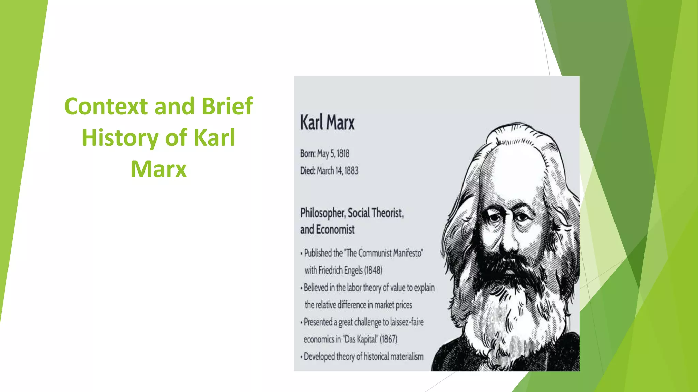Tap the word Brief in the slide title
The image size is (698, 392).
pos(227,106)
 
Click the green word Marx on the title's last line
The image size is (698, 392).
pos(159,169)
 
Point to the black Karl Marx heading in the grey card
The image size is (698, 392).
pos(327,122)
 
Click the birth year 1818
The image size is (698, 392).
pos(343,154)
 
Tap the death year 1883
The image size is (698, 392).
pos(351,171)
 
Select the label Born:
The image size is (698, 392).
pos(308,154)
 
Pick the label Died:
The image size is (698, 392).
pos(307,171)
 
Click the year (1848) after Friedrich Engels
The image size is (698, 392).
pos(373,271)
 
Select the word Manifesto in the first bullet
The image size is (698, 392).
pos(408,253)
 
